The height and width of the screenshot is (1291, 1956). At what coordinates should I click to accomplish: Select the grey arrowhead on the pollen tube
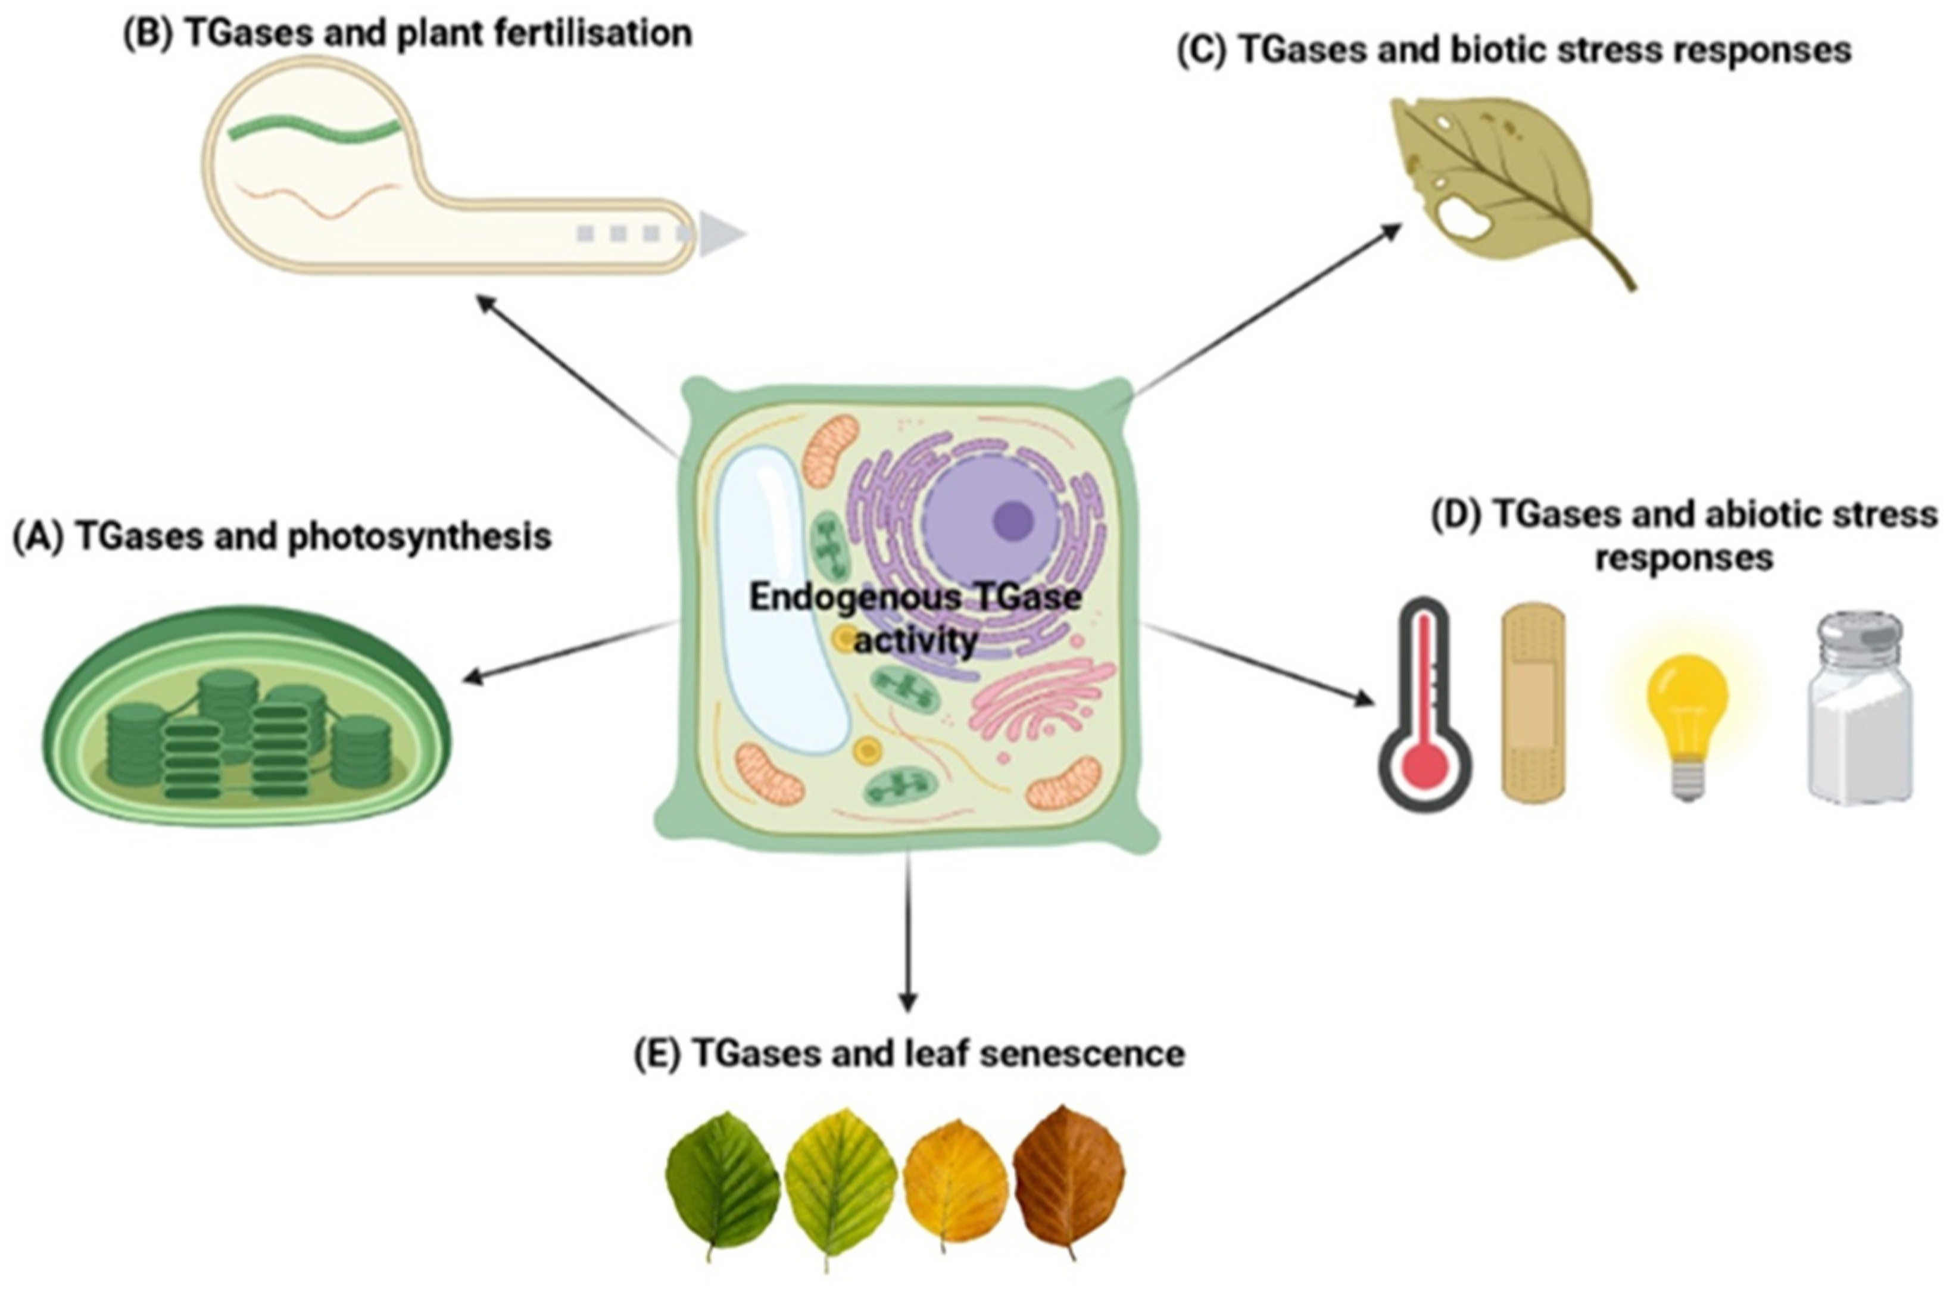(720, 235)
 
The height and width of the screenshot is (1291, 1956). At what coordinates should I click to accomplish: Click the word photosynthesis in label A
(419, 537)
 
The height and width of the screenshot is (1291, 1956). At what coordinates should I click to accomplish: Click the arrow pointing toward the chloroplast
(568, 652)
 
